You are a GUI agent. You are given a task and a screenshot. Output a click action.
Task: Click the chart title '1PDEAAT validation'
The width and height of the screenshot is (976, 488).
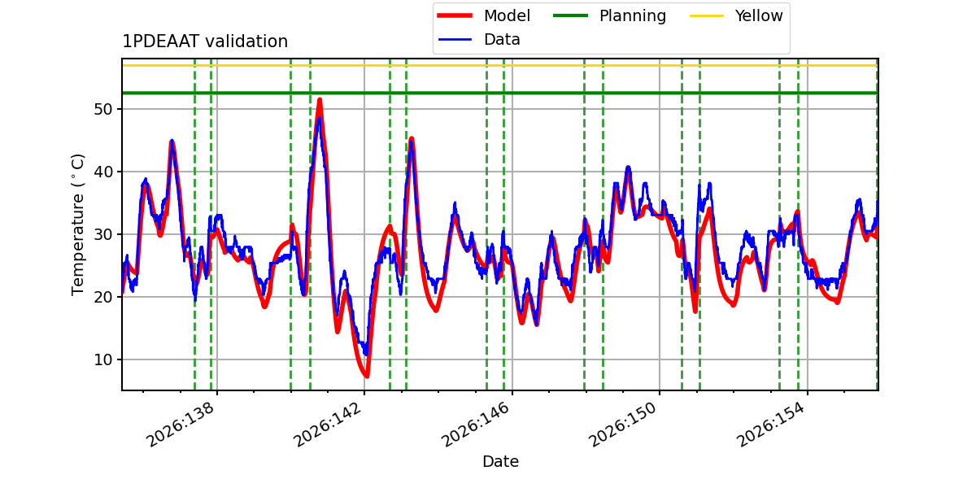(205, 41)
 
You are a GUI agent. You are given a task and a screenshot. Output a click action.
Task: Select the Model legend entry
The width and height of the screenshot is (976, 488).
(484, 15)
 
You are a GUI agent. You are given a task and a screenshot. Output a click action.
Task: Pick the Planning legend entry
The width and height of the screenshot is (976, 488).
(609, 15)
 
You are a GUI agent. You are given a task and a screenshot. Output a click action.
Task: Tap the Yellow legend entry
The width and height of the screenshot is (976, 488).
(736, 15)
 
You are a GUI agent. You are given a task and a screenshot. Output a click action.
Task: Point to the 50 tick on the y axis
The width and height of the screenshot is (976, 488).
(103, 109)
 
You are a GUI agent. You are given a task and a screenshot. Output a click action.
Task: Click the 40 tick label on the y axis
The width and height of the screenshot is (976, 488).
(103, 172)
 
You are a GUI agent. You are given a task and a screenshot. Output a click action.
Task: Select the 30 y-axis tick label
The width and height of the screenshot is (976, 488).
(103, 234)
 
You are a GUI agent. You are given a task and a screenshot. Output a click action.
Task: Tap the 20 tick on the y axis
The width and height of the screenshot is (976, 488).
(103, 297)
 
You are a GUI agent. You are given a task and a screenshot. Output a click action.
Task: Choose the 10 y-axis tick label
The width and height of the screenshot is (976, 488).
(103, 359)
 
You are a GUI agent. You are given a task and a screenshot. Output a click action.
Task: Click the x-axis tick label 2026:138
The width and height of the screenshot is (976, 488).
(181, 424)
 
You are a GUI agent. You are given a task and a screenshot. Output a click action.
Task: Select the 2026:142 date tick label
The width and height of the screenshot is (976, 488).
(328, 424)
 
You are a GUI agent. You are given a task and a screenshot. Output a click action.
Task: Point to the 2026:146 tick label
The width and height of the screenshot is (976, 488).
(476, 424)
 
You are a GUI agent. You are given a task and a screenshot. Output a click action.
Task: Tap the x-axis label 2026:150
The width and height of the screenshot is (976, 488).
(623, 424)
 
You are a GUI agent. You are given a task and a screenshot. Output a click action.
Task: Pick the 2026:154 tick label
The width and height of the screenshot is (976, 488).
(771, 424)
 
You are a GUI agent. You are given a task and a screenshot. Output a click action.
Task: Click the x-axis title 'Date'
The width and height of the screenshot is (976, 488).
(500, 461)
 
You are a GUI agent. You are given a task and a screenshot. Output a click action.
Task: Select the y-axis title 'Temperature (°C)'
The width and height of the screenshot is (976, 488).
(77, 224)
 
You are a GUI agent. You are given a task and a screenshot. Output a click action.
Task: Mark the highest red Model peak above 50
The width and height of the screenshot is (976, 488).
(320, 100)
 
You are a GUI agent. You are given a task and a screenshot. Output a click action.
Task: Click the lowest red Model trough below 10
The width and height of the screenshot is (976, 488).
(367, 376)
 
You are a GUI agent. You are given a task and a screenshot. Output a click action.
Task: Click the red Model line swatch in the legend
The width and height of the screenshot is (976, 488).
(455, 15)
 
